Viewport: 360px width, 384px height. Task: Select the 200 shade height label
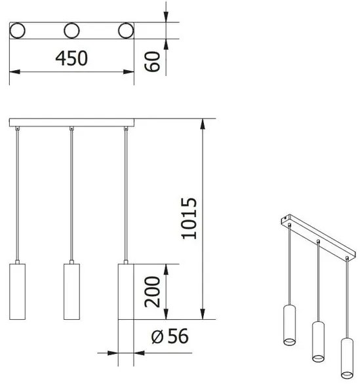pyautogui.click(x=151, y=292)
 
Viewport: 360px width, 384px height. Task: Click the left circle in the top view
pyautogui.click(x=18, y=30)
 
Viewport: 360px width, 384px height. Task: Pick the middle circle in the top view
pyautogui.click(x=71, y=30)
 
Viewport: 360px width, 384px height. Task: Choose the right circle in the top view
pyautogui.click(x=125, y=30)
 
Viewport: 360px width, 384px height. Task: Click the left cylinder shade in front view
pyautogui.click(x=17, y=292)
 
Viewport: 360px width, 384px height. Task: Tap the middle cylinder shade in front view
pyautogui.click(x=71, y=292)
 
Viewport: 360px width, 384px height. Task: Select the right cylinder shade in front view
pyautogui.click(x=125, y=292)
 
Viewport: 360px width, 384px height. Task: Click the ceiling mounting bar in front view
pyautogui.click(x=71, y=123)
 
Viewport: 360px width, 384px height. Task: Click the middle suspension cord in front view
pyautogui.click(x=71, y=197)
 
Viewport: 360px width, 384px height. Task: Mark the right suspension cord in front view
pyautogui.click(x=125, y=197)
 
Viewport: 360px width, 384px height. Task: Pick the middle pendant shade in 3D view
pyautogui.click(x=318, y=341)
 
